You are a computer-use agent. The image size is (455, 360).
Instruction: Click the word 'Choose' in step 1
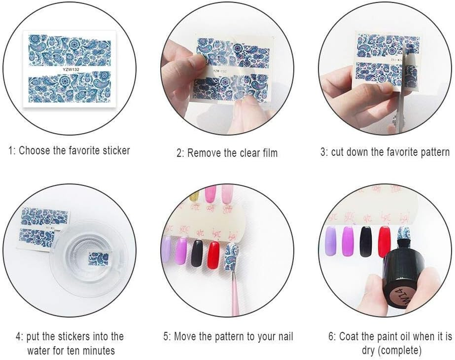click(35, 150)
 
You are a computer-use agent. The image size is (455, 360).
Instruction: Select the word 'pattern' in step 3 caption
click(433, 152)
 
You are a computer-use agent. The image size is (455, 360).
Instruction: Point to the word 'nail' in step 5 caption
click(284, 337)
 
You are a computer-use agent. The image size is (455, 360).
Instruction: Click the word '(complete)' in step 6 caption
click(392, 350)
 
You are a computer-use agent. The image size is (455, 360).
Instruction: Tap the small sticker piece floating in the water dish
click(98, 259)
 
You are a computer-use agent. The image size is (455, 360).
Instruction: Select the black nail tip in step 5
click(197, 253)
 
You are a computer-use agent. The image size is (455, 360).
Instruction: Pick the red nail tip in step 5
click(213, 254)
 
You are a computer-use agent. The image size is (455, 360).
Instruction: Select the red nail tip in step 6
click(384, 241)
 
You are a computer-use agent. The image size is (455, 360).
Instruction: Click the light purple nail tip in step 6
click(330, 241)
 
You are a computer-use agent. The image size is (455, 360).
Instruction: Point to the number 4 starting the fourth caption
click(18, 337)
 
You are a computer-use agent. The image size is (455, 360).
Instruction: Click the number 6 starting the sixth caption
click(331, 337)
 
